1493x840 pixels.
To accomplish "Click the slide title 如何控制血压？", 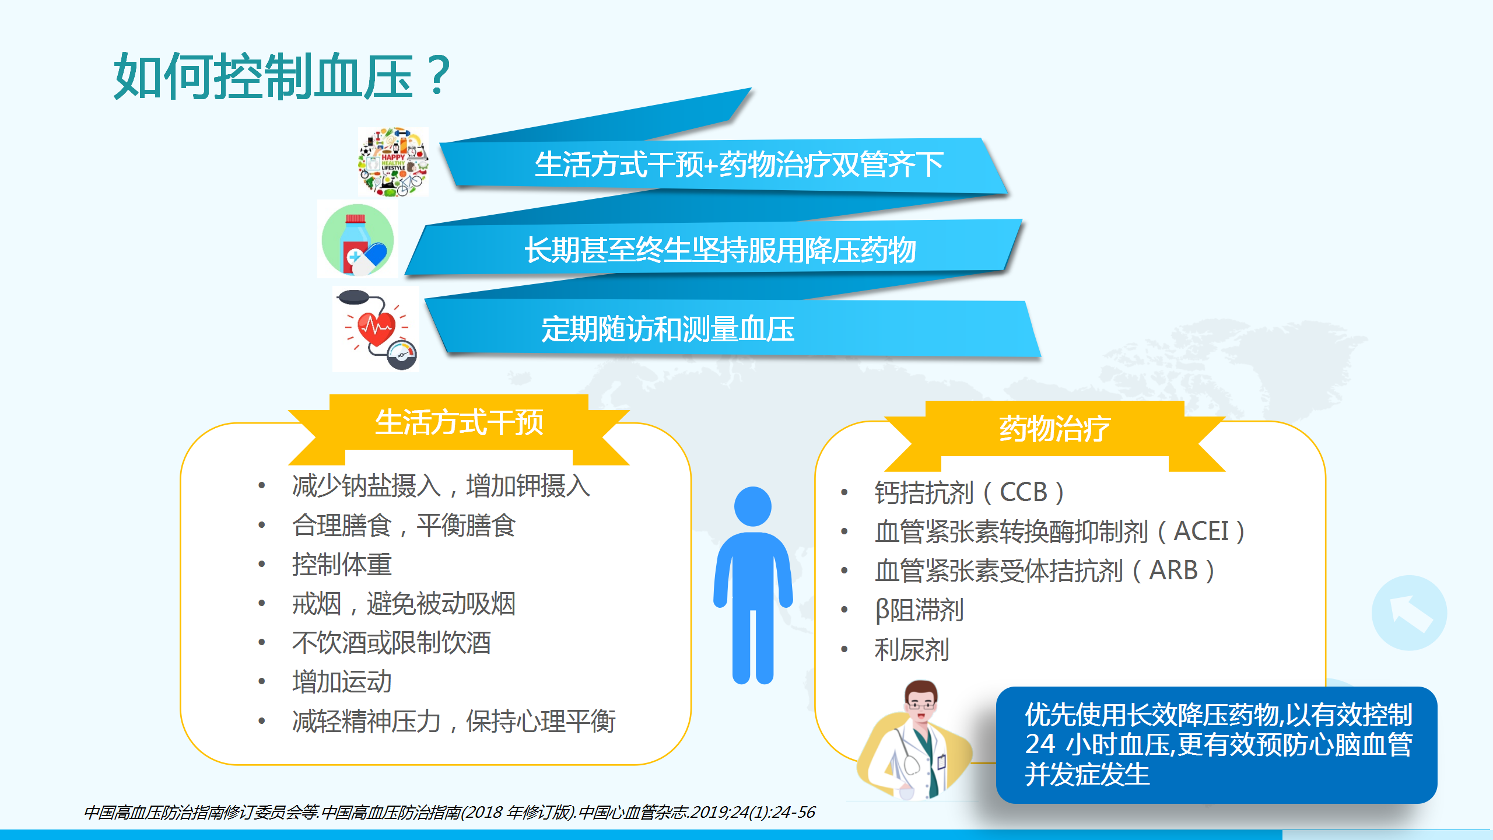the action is [282, 76].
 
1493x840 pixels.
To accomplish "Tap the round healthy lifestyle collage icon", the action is [393, 162].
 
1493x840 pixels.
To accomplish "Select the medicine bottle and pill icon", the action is [358, 239].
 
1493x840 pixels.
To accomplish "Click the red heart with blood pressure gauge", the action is [376, 330].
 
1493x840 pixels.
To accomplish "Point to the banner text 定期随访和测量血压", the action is [668, 329].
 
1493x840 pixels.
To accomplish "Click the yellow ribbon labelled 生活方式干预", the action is [459, 429].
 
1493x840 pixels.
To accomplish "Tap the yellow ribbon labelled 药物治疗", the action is [1054, 435].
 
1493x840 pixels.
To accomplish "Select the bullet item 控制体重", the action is [342, 564].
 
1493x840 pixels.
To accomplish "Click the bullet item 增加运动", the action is [342, 681].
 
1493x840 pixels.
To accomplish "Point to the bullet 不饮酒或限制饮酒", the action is [391, 642].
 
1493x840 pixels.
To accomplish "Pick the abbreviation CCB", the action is [1024, 492].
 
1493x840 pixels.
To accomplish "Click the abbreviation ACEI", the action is [1201, 531].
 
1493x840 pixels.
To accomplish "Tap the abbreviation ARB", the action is [1173, 570].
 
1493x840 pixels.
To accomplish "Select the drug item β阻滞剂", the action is [919, 610].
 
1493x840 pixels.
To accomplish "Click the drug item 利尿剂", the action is [912, 649].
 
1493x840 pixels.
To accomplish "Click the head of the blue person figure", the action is [752, 506].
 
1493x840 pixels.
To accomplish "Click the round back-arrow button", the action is [1409, 612].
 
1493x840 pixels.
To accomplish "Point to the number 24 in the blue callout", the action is [1040, 744].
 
